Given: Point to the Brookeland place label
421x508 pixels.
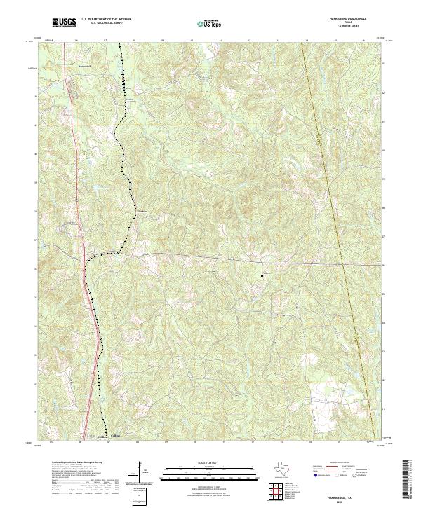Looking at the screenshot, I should tap(86, 67).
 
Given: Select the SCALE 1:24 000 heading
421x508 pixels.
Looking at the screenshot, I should tap(210, 463).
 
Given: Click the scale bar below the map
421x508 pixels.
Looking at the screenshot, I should tap(210, 473).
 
